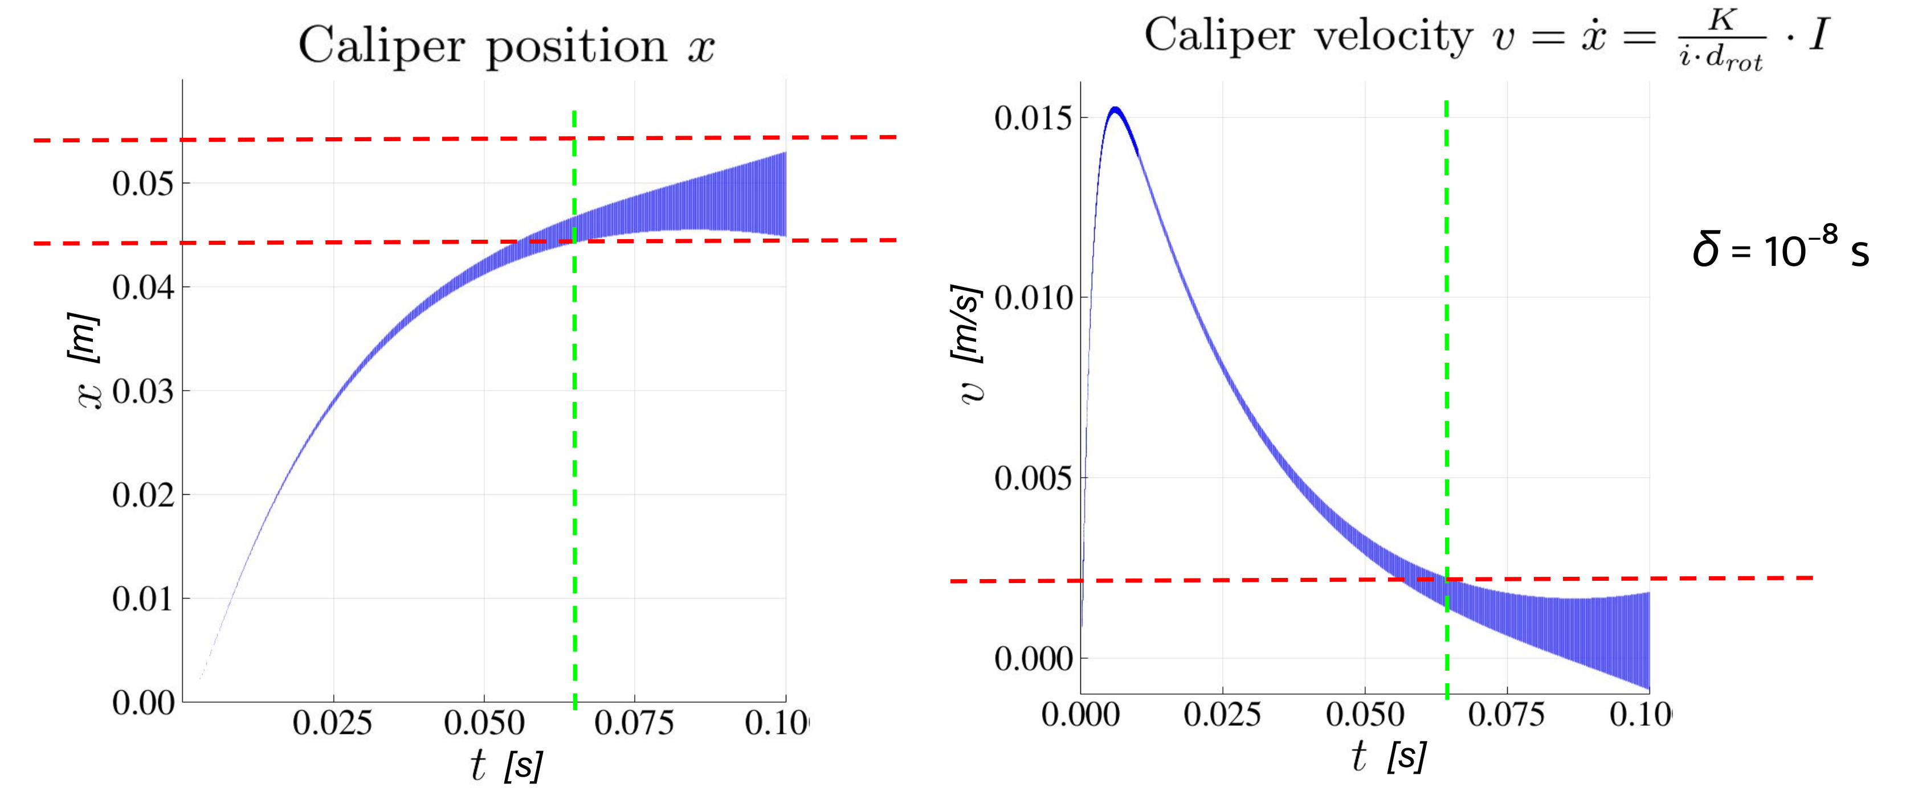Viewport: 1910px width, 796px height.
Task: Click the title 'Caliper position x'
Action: [507, 46]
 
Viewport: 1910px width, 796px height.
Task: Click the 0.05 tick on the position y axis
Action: [142, 183]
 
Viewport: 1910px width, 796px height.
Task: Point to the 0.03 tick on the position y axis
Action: [142, 391]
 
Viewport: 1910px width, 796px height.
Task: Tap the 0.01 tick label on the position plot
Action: [142, 598]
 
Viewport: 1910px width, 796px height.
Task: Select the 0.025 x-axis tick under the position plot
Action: [332, 723]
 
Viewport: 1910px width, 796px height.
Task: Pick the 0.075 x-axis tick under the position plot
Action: [634, 723]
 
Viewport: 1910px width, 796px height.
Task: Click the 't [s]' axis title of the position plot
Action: [507, 764]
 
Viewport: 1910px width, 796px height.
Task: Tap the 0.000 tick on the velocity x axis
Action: [1080, 715]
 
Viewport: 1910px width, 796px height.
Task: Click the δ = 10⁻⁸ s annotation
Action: [1780, 248]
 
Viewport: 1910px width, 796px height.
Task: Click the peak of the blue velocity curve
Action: [1115, 110]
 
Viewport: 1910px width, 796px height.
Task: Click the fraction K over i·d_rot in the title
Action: [1721, 39]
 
